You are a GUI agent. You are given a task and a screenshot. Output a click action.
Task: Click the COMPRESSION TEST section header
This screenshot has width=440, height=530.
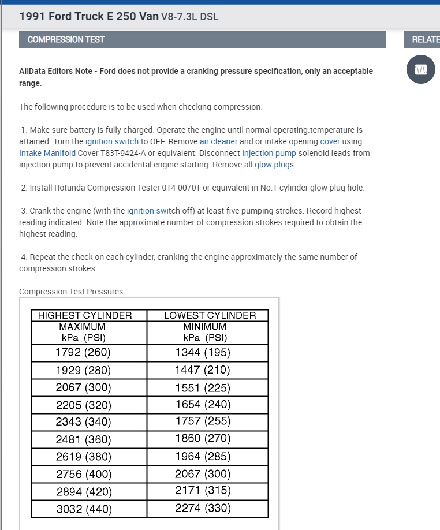tap(62, 39)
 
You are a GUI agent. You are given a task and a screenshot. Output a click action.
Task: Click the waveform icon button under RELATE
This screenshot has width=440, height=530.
tap(420, 69)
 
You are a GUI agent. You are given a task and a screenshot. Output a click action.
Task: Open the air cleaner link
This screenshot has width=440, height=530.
tap(219, 141)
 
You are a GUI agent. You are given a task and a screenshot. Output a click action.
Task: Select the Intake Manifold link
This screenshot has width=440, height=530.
tap(47, 153)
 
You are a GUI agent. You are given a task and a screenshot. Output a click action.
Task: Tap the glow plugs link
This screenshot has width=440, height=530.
tap(274, 165)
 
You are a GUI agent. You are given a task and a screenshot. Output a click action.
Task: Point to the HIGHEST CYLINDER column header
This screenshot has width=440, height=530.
tap(85, 315)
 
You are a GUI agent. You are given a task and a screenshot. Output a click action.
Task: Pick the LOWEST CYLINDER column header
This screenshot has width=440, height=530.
tap(210, 315)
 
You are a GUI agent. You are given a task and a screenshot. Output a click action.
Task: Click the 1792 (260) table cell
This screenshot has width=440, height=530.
tap(83, 352)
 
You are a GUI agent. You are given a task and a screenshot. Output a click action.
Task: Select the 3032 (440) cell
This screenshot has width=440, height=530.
tap(84, 509)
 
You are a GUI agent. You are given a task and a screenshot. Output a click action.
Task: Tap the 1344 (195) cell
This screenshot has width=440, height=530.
tap(203, 352)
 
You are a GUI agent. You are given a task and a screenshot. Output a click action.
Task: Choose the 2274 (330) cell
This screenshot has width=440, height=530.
tap(203, 509)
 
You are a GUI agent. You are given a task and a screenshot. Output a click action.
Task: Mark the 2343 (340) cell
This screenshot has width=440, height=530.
tap(83, 422)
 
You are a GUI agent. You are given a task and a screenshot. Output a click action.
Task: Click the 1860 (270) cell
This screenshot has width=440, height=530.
tap(203, 439)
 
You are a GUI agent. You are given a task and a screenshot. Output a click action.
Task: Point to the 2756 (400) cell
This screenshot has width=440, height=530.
tap(84, 474)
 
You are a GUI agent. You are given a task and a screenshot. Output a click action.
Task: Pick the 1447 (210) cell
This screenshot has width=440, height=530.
tap(203, 369)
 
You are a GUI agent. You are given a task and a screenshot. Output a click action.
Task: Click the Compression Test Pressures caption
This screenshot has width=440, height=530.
tap(71, 292)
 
